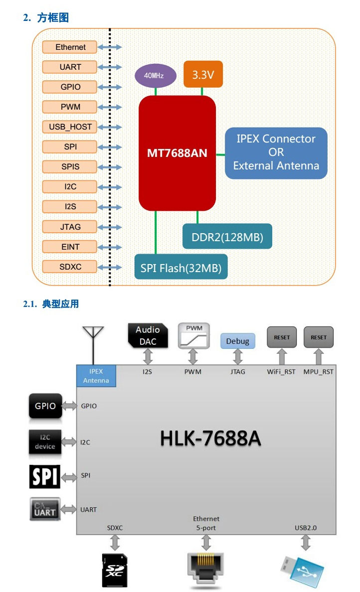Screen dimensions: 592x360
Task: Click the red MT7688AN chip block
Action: (177, 153)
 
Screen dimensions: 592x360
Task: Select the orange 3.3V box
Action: (203, 75)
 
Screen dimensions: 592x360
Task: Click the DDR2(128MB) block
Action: (227, 236)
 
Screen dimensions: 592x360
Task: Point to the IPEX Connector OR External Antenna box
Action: (276, 152)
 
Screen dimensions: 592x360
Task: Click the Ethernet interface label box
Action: (70, 47)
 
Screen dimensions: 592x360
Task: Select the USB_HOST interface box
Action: (70, 127)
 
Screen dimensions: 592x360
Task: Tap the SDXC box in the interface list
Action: (70, 267)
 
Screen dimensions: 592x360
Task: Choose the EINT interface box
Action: (70, 247)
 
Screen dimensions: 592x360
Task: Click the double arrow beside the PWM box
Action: (110, 107)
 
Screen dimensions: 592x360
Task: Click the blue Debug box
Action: (237, 341)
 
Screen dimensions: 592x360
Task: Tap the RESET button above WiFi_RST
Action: (282, 337)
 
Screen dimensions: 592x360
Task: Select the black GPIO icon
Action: (45, 406)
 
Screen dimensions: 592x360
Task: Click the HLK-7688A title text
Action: (210, 439)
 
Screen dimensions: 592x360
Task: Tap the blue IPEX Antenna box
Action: (96, 375)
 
